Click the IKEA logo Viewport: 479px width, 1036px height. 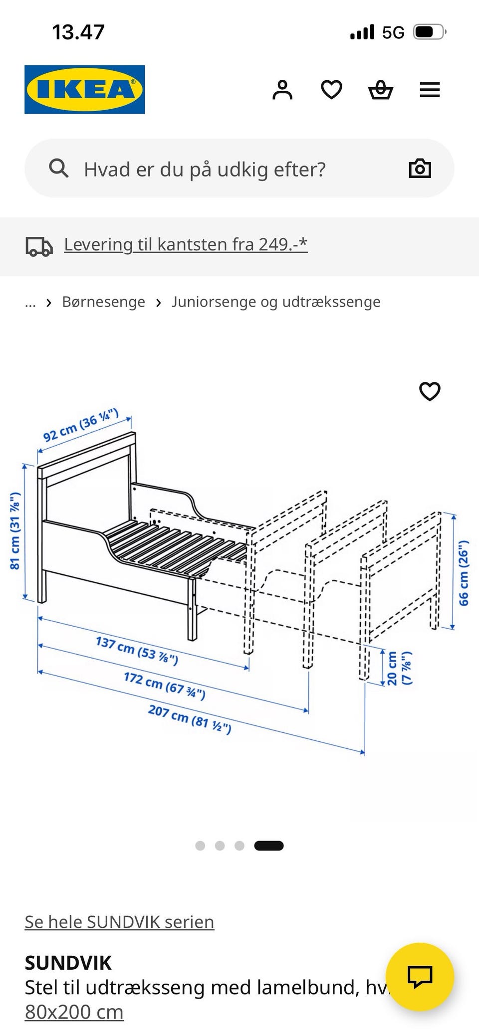[x=84, y=90]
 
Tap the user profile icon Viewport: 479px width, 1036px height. [x=282, y=90]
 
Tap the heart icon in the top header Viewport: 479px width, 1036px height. [x=331, y=90]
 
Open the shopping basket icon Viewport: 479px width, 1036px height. [x=381, y=90]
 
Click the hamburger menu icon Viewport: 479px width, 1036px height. [x=430, y=90]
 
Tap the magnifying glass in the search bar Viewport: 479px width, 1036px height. [x=58, y=169]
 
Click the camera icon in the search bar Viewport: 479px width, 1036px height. [x=420, y=169]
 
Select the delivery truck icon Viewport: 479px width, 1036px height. [x=39, y=246]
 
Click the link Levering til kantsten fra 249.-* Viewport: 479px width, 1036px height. [x=186, y=244]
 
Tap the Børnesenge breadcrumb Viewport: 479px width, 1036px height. [x=103, y=302]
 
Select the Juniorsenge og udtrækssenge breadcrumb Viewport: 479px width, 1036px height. [x=276, y=302]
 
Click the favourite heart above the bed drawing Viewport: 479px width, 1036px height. [x=430, y=391]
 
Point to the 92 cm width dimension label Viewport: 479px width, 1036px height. [x=81, y=425]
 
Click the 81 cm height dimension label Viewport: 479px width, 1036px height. [x=15, y=531]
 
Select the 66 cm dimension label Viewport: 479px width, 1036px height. [x=464, y=573]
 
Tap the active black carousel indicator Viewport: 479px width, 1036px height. [x=268, y=846]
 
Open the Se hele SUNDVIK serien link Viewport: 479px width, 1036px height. [x=119, y=922]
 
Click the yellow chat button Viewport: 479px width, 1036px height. [x=420, y=977]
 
